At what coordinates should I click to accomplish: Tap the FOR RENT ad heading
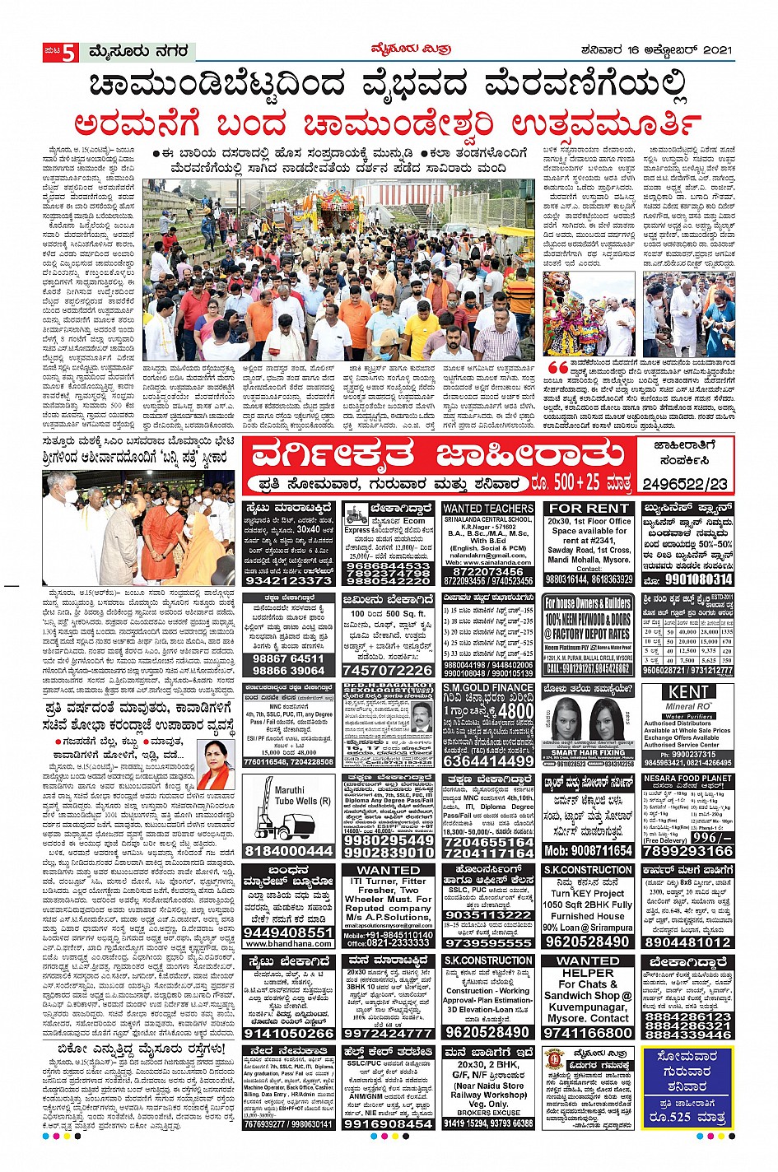pos(588,509)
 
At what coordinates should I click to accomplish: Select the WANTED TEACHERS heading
pos(488,509)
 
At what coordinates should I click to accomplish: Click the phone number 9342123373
pos(288,580)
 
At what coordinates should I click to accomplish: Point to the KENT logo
pos(687,693)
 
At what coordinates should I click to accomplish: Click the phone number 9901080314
pos(687,579)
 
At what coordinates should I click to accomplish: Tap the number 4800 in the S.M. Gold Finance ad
pos(515,710)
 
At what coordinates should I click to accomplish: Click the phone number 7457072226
pos(388,671)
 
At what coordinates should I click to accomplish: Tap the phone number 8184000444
pos(288,851)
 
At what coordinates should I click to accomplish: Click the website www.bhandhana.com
pos(288,943)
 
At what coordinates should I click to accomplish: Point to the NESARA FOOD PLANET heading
pos(687,779)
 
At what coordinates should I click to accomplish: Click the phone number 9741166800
pos(588,1033)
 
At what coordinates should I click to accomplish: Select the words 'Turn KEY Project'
pos(588,893)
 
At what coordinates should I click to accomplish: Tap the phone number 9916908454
pos(388,1123)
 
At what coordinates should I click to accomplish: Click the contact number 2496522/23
pos(687,483)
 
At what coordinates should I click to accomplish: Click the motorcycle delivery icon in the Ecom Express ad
pos(356,516)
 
